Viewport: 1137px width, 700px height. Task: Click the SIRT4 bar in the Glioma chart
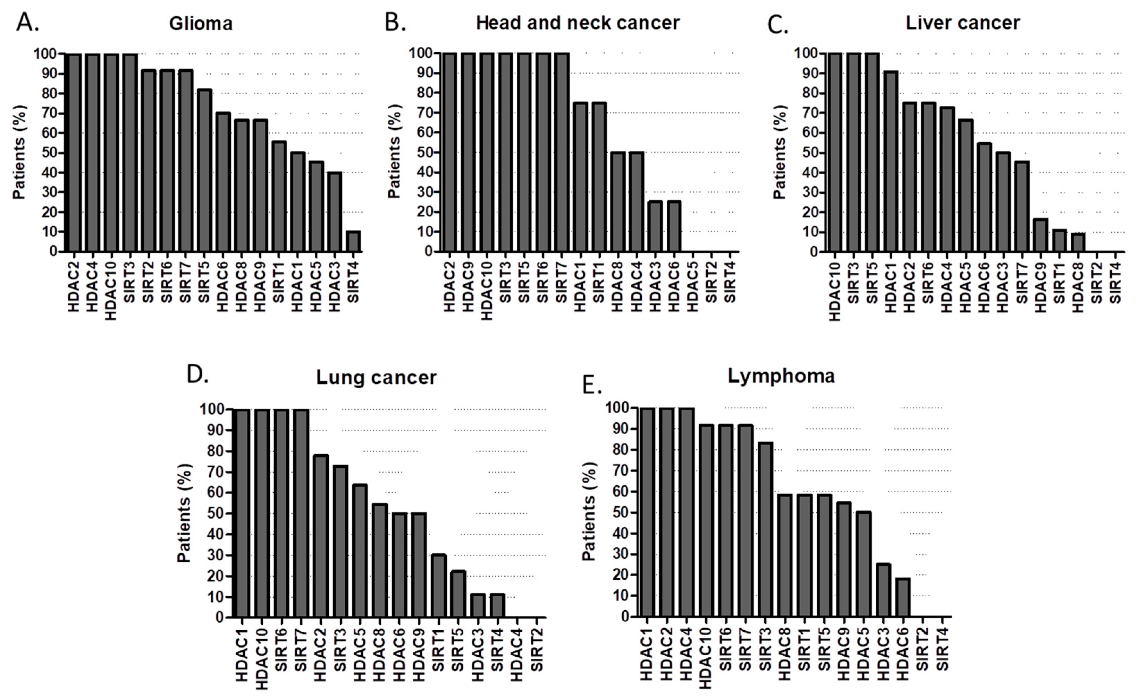click(353, 241)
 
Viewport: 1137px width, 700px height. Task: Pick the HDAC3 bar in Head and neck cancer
click(655, 226)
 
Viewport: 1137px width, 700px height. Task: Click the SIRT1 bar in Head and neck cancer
click(599, 177)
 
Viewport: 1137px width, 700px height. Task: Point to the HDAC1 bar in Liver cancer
click(891, 162)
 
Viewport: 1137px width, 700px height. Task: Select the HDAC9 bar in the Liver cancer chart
click(1041, 235)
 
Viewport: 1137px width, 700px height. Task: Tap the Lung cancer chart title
click(376, 377)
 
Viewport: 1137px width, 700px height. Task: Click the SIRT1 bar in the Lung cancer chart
click(438, 586)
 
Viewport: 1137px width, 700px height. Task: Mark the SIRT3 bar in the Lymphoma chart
click(765, 529)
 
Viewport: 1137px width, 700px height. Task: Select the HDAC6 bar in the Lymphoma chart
click(903, 597)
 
